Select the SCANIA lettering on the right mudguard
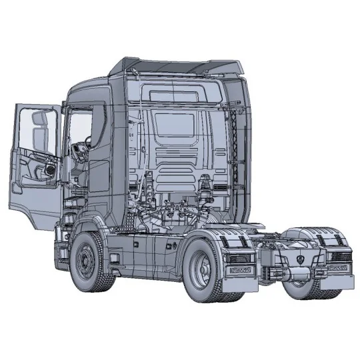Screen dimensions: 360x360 pyautogui.click(x=335, y=268)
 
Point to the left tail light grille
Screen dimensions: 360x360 pyautogui.click(x=240, y=257)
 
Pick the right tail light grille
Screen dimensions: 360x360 pyautogui.click(x=335, y=256)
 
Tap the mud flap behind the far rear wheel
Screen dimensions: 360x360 pyautogui.click(x=337, y=283)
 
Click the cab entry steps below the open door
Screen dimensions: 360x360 pyautogui.click(x=63, y=240)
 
